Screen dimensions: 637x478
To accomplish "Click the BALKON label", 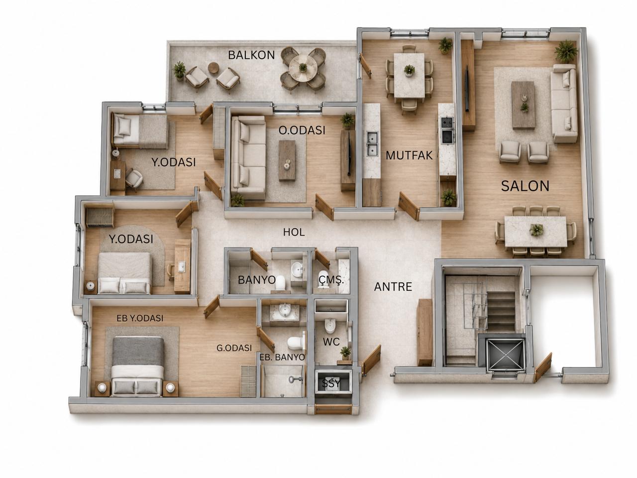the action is tap(251, 55).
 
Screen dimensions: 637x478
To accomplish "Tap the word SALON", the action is tap(525, 186).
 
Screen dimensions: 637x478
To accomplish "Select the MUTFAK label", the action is tap(409, 155).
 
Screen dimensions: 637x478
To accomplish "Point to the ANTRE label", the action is tap(393, 287).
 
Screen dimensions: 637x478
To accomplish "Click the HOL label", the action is tap(294, 232).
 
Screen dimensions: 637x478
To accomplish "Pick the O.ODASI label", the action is tap(302, 130).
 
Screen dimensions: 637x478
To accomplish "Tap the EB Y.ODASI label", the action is tap(140, 318).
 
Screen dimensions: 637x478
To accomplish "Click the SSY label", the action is tap(331, 384).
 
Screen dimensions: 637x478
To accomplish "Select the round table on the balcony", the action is tap(303, 68).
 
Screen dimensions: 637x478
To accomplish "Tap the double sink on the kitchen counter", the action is tap(372, 143).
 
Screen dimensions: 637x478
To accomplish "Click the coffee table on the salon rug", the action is tap(523, 105).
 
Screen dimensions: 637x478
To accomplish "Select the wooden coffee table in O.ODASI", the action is tap(287, 160).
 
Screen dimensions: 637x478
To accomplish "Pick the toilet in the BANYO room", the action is tap(280, 283).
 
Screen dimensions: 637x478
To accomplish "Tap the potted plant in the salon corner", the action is tap(566, 51).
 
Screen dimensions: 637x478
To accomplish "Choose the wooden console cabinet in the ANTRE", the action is tap(425, 332).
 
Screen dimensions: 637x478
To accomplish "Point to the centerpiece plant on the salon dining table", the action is tap(536, 230).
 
